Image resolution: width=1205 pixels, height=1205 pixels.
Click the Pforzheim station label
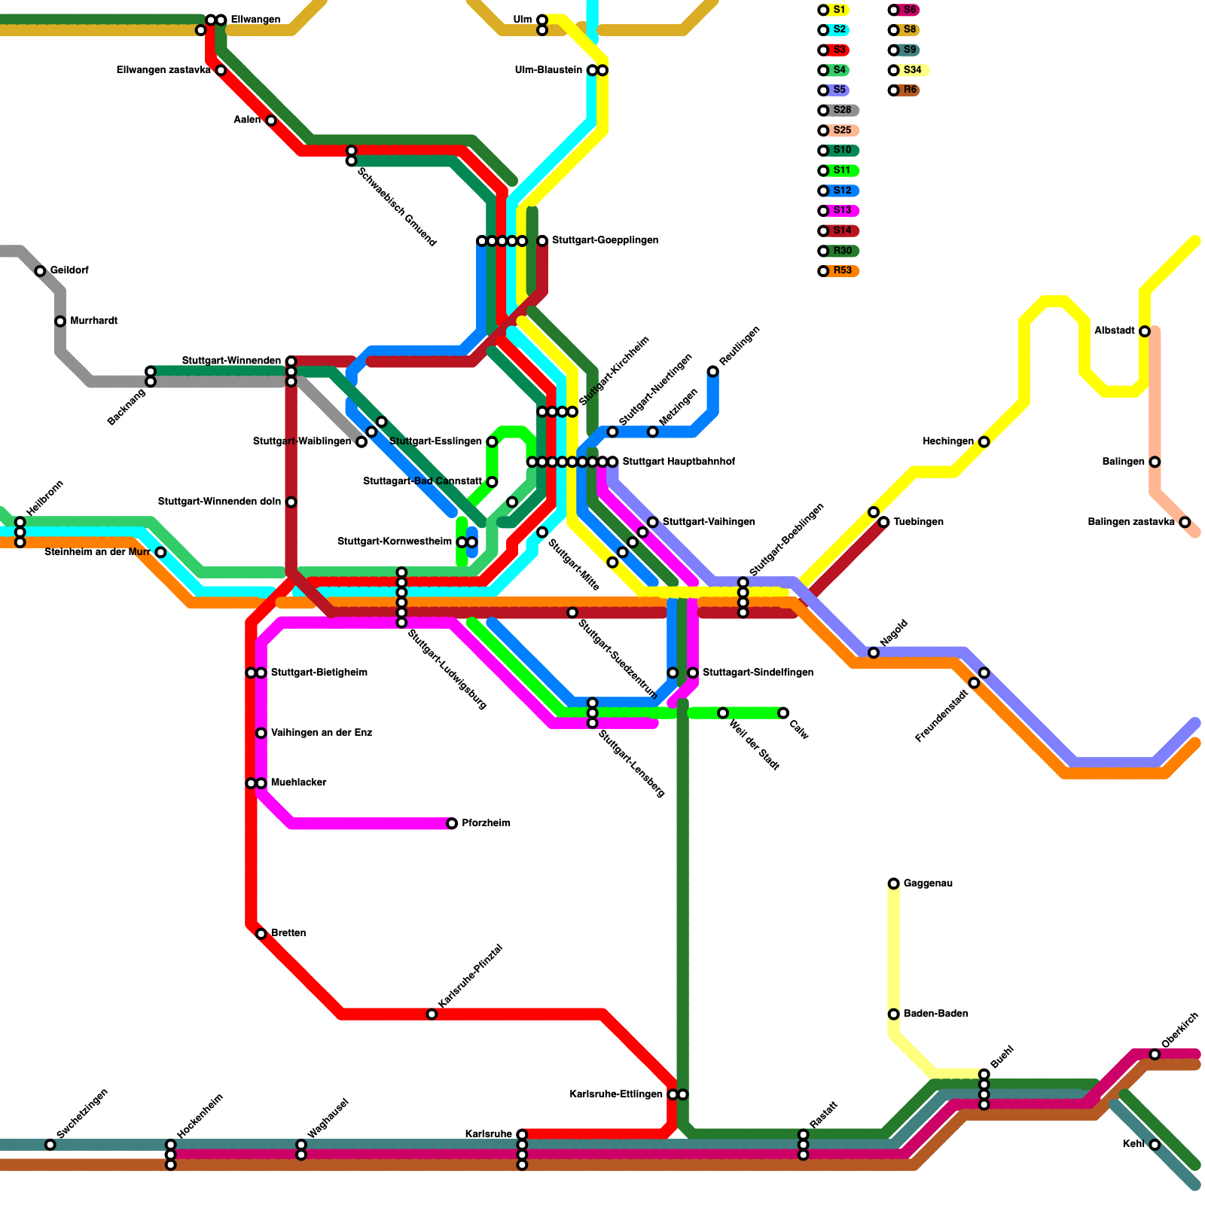click(x=486, y=823)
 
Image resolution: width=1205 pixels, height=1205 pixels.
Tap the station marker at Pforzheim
click(x=452, y=823)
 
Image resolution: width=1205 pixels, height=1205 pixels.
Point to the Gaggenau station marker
click(x=893, y=883)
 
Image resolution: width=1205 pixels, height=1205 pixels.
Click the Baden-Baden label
click(x=935, y=1014)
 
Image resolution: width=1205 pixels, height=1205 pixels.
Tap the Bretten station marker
click(x=261, y=934)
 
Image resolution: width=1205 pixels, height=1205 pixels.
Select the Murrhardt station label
click(x=93, y=321)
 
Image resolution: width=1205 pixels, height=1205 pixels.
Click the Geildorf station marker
click(x=41, y=271)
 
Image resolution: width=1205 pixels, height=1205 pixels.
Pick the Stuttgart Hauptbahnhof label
click(x=679, y=462)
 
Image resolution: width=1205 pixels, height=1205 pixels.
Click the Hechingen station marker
click(x=984, y=442)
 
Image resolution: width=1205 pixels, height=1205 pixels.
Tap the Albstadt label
click(x=1115, y=331)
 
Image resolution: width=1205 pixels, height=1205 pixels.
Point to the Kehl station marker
click(x=1155, y=1145)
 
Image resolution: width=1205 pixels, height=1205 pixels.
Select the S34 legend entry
click(x=911, y=70)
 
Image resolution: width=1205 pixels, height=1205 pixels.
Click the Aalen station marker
click(x=271, y=120)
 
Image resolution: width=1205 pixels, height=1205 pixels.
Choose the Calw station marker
click(x=783, y=713)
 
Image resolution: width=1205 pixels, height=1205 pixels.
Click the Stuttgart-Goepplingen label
click(x=605, y=240)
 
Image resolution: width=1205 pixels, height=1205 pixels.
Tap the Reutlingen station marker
click(x=712, y=371)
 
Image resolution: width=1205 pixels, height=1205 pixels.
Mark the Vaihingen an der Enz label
click(x=321, y=733)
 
